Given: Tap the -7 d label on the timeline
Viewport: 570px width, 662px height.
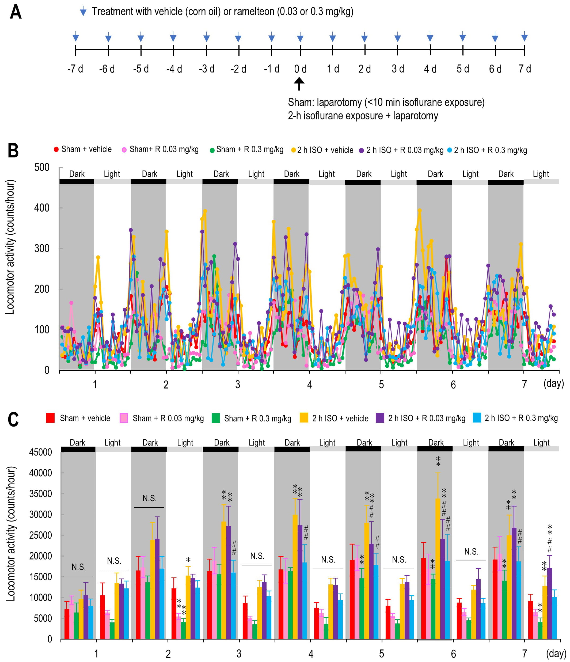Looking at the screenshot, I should coord(75,69).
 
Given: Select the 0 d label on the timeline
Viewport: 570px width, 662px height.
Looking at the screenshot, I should coord(300,69).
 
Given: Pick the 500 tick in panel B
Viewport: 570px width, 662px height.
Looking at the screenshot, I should coord(42,168).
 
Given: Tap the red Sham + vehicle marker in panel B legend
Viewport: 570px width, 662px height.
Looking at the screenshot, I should coord(56,150).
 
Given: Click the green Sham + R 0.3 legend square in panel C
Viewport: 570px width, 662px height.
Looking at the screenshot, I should coord(216,418).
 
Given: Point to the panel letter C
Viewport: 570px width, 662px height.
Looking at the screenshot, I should coord(13,420).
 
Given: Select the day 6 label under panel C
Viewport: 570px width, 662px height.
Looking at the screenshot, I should coord(453,654).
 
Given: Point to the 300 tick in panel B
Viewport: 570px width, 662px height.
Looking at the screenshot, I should coord(42,249).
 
